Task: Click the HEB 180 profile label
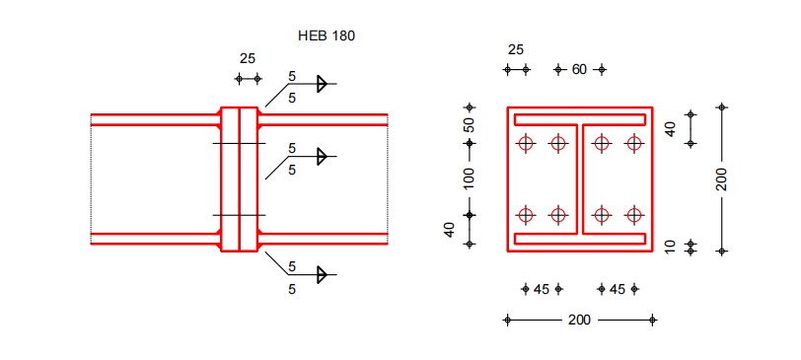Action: click(326, 36)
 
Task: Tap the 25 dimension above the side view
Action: click(248, 59)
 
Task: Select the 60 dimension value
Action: click(579, 69)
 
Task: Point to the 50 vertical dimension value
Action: click(469, 125)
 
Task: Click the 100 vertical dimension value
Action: click(469, 179)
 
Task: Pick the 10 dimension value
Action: click(671, 247)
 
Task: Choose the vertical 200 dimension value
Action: click(721, 180)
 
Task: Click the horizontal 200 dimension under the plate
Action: click(579, 321)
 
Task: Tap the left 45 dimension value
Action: click(542, 290)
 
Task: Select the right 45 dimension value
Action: click(618, 290)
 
